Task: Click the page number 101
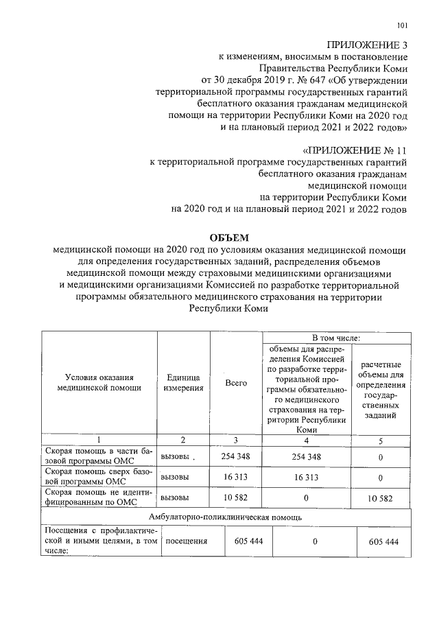[403, 26]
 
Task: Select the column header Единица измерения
[183, 383]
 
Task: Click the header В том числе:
[336, 338]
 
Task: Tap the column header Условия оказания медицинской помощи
[99, 383]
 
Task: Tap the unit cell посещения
[187, 541]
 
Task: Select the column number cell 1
[99, 439]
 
